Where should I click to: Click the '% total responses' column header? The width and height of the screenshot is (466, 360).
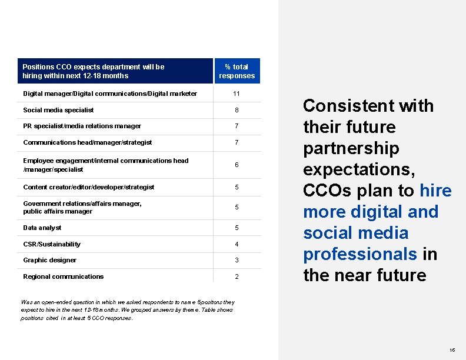click(237, 71)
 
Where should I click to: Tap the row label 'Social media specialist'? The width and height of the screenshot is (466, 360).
click(58, 110)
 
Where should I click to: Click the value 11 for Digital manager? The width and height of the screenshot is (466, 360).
click(237, 94)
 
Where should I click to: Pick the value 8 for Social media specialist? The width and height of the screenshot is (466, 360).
click(237, 111)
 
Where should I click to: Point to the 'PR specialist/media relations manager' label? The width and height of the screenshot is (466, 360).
click(82, 126)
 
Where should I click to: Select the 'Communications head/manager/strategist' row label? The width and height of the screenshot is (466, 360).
click(87, 142)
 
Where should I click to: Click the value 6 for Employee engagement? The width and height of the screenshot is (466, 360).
click(237, 165)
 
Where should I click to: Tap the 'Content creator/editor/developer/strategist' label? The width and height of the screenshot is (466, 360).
click(88, 187)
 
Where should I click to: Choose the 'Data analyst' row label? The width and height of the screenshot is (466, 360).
click(42, 228)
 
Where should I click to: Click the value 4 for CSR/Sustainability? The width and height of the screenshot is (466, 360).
click(237, 244)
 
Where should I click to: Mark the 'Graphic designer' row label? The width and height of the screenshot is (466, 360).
click(49, 260)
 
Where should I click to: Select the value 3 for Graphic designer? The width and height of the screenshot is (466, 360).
click(237, 261)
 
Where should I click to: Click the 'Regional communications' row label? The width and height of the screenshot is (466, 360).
click(63, 276)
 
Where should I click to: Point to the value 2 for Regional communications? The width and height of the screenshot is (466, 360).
click(237, 277)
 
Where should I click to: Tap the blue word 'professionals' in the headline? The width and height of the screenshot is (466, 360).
click(360, 254)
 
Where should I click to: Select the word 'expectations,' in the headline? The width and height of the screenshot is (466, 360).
click(359, 169)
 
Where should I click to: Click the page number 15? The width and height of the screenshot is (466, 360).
click(451, 349)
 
